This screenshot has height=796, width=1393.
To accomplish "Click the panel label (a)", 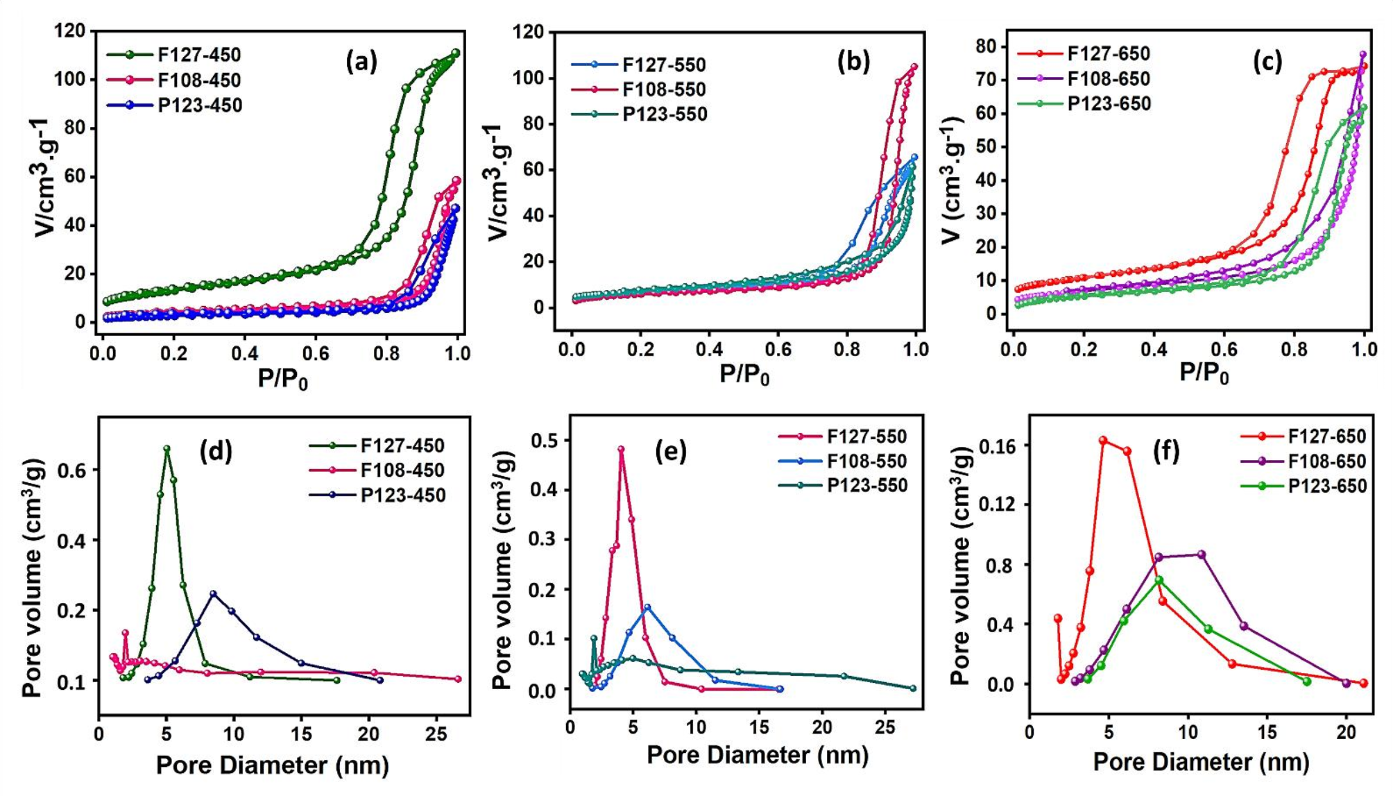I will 361,62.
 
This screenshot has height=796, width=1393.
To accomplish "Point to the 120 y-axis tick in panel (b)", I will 529,32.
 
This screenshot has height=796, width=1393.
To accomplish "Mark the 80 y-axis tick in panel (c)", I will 986,46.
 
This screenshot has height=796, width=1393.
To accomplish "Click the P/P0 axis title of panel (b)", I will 744,375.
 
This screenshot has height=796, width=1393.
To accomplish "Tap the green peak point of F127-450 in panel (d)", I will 166,449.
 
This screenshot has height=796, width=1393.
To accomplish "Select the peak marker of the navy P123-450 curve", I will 213,593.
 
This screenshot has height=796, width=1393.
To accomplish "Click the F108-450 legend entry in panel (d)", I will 402,471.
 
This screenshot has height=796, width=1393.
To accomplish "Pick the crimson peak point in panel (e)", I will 621,449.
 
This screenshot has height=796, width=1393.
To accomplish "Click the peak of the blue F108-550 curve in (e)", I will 647,607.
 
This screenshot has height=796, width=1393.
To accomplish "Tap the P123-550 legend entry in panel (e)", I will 866,486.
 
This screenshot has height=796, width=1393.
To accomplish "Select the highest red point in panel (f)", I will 1103,441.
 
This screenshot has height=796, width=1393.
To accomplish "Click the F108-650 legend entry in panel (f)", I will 1326,461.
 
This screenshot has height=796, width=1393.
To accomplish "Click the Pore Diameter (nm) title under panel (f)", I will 1201,762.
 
